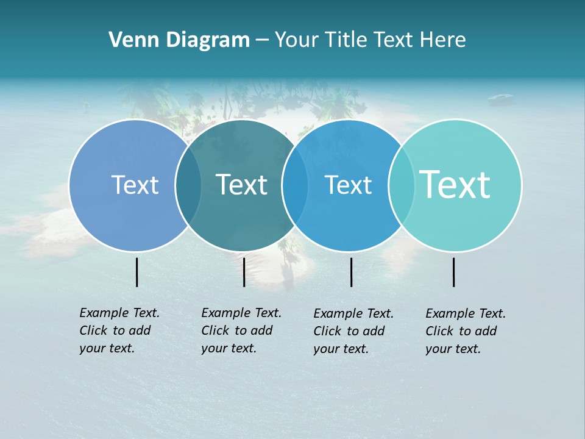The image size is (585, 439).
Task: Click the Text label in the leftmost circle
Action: point(135,185)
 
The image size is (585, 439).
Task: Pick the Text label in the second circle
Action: point(241,185)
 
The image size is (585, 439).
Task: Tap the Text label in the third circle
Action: point(348,185)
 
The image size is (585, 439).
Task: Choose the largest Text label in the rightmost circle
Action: point(455,184)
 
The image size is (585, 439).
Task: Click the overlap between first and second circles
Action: point(188,185)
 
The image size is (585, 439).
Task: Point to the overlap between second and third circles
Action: point(295,185)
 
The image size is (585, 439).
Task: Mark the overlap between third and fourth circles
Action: point(402,185)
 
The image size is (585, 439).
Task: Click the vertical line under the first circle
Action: point(137,272)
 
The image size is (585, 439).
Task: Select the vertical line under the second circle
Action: point(244,272)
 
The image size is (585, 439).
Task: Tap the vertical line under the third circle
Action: point(351,272)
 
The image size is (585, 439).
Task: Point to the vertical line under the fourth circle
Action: point(453,272)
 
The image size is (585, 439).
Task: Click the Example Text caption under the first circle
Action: point(119,330)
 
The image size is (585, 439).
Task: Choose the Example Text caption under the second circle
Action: point(241,330)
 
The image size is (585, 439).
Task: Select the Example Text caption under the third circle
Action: point(353,331)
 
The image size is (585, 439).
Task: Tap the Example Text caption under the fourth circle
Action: point(466,331)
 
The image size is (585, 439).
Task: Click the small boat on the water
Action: point(499,96)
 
